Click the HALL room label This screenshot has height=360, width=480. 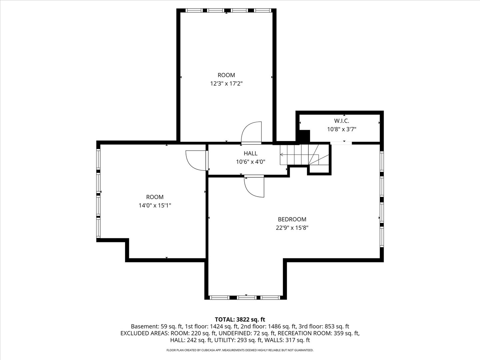tap(250, 153)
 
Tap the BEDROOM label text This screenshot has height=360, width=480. tap(292, 219)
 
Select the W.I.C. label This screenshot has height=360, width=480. tap(341, 121)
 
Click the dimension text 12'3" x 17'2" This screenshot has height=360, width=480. tap(226, 83)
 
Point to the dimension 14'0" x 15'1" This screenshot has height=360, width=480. tap(155, 205)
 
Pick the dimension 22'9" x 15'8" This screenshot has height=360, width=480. tap(292, 228)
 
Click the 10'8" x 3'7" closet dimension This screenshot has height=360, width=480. tap(341, 129)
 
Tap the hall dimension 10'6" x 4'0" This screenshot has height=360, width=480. tap(250, 162)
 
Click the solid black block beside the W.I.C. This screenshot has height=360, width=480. tap(304, 136)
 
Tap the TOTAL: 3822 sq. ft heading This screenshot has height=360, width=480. tap(240, 320)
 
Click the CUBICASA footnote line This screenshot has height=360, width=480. tap(240, 350)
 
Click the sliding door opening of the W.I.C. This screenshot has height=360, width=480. tap(341, 143)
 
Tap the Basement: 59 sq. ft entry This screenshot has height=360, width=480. tap(157, 327)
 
